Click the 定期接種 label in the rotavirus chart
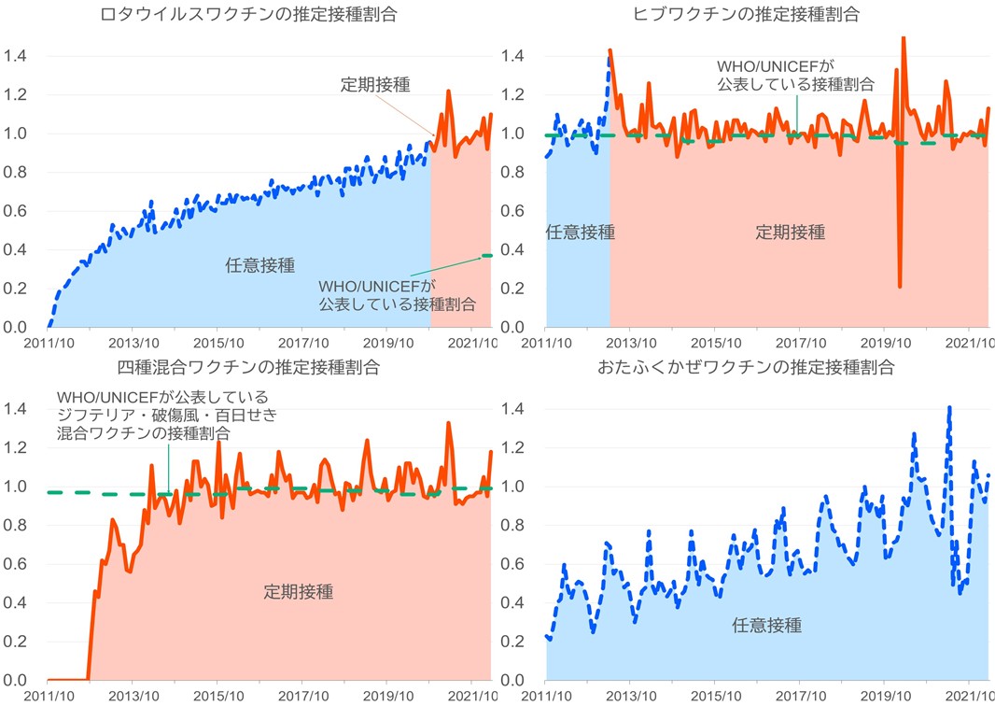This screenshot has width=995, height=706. (375, 84)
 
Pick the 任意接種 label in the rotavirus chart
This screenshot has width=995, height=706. (260, 264)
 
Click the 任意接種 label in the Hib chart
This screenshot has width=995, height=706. (580, 233)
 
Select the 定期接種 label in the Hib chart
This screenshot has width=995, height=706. (791, 233)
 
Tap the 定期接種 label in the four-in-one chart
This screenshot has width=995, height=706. (299, 591)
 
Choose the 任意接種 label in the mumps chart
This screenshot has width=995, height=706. (766, 625)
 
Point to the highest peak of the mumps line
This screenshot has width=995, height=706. (949, 408)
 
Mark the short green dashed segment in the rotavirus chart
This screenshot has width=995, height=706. (486, 255)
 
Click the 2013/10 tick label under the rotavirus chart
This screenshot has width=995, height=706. (133, 344)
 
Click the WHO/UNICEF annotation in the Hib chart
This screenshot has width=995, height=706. (796, 76)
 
